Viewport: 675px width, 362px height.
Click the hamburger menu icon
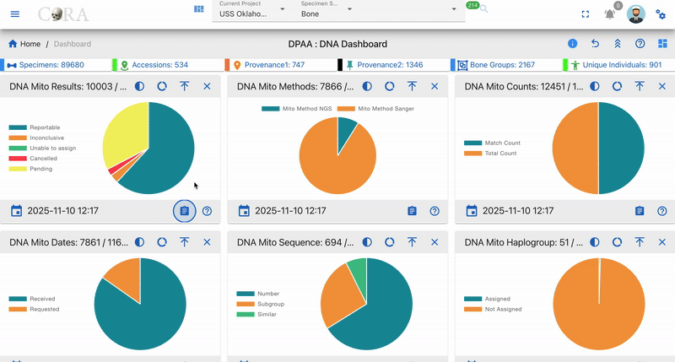pyautogui.click(x=15, y=14)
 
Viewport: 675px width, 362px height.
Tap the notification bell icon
pyautogui.click(x=609, y=14)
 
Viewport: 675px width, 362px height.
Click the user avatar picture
pyautogui.click(x=636, y=14)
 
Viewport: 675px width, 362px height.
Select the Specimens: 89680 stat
pyautogui.click(x=46, y=65)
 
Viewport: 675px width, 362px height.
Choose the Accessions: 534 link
pyautogui.click(x=154, y=65)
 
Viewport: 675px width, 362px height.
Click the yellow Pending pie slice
pyautogui.click(x=122, y=132)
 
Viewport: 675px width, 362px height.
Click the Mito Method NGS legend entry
pyautogui.click(x=297, y=109)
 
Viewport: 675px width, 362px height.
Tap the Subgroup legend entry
pyautogui.click(x=261, y=304)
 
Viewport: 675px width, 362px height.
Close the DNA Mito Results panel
pyautogui.click(x=207, y=87)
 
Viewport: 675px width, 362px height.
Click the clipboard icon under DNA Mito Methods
pyautogui.click(x=412, y=211)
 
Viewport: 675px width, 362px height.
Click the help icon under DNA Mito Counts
pyautogui.click(x=662, y=211)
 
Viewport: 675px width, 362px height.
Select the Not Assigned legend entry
pyautogui.click(x=493, y=309)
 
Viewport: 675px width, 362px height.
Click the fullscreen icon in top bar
pyautogui.click(x=585, y=14)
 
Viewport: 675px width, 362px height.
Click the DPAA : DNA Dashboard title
pyautogui.click(x=337, y=44)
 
